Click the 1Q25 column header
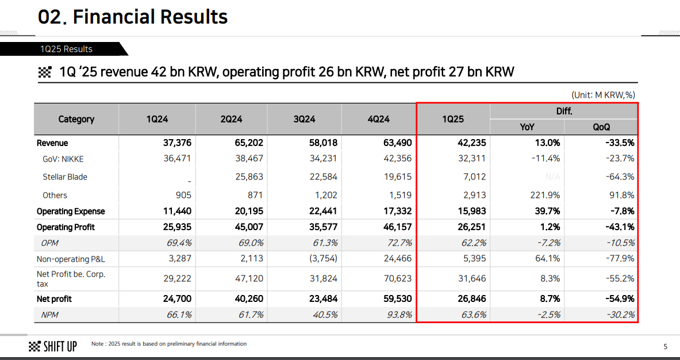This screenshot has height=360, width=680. pos(453,119)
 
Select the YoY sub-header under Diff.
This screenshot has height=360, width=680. pos(527,127)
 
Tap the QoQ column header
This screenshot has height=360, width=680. pos(601,127)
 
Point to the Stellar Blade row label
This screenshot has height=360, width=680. pos(65,177)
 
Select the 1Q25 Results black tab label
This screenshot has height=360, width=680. pos(66,49)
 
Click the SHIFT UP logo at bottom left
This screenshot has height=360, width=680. pos(52,346)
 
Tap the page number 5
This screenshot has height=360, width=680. pos(665,346)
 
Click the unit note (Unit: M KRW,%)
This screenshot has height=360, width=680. pos(603,95)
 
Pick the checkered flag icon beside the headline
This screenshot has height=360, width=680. pos(45,72)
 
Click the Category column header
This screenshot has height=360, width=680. pos(76,119)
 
